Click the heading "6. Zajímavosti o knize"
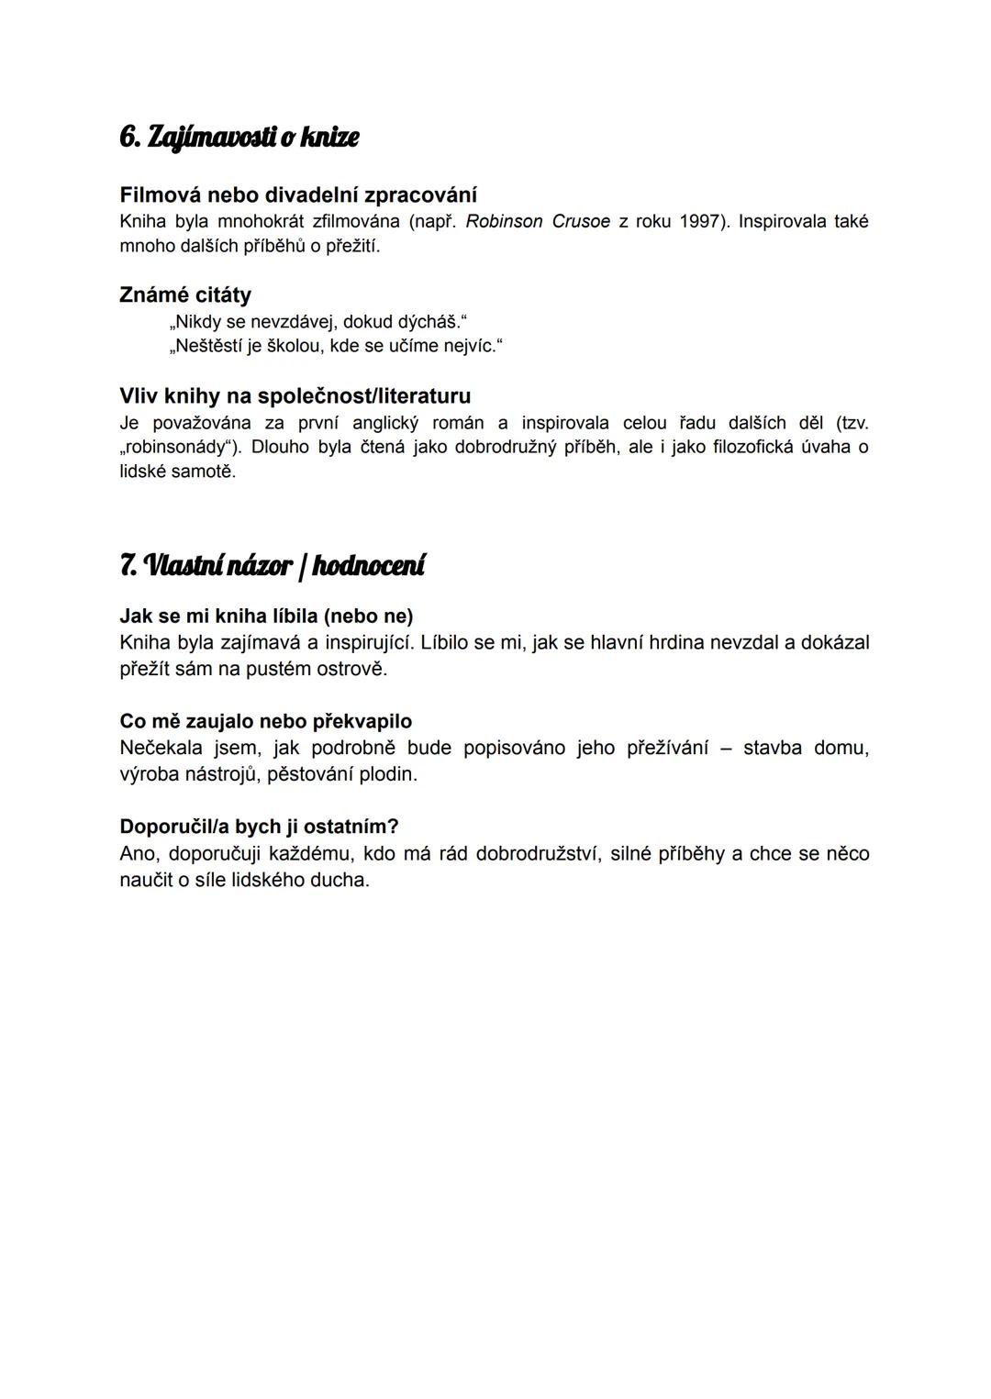pos(239,138)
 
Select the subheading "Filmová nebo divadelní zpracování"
pos(298,195)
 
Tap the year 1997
pos(701,222)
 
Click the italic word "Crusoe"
pos(581,222)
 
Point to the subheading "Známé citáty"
pos(185,295)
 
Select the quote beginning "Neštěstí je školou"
pos(336,346)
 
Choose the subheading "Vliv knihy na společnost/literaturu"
pos(295,396)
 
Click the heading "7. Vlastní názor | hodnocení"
pos(273,565)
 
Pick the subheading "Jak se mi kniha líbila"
pos(266,616)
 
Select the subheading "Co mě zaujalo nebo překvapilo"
pos(266,721)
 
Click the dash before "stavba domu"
pos(726,748)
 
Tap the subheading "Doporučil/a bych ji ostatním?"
pos(259,827)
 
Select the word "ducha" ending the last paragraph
pos(340,880)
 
